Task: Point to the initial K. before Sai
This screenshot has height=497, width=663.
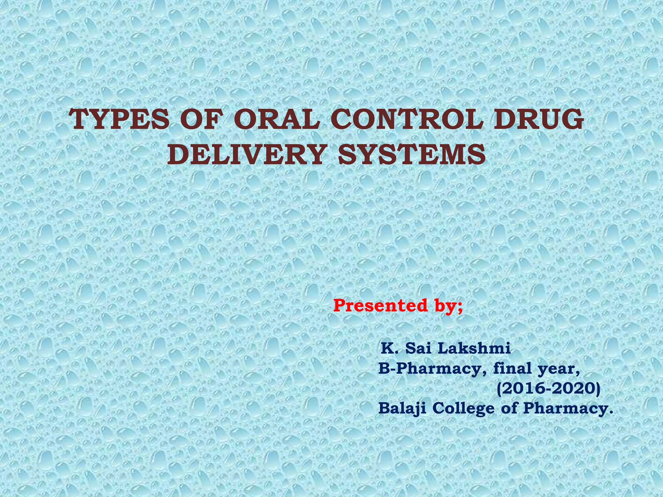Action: pos(389,348)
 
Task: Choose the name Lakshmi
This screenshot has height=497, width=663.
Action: pos(474,348)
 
